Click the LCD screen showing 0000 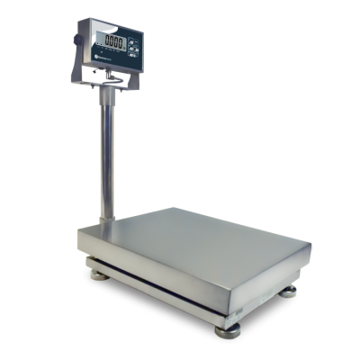114,41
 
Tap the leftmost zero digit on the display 107,41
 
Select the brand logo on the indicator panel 93,58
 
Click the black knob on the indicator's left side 77,39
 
